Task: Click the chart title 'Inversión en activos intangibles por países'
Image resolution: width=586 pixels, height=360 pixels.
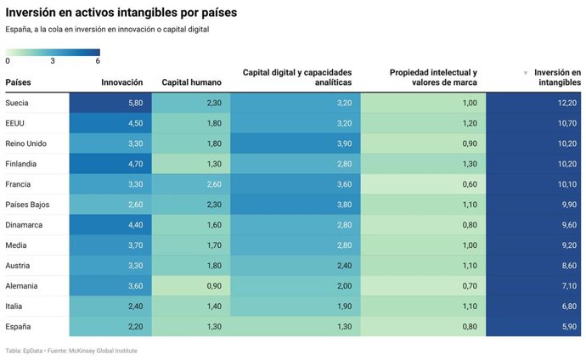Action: pyautogui.click(x=121, y=14)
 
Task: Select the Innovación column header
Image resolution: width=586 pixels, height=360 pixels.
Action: pyautogui.click(x=121, y=82)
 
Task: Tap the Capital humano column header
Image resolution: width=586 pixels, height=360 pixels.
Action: pyautogui.click(x=191, y=82)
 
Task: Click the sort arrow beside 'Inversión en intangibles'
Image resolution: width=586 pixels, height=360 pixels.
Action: pyautogui.click(x=525, y=73)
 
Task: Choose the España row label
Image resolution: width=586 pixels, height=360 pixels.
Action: pyautogui.click(x=20, y=326)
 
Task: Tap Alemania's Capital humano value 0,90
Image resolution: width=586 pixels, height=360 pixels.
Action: pyautogui.click(x=213, y=285)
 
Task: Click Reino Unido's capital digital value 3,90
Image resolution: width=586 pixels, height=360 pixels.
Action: pyautogui.click(x=343, y=143)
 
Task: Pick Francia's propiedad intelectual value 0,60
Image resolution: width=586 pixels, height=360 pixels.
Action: pyautogui.click(x=469, y=183)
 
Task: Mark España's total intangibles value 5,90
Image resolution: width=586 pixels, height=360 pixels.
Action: pyautogui.click(x=569, y=326)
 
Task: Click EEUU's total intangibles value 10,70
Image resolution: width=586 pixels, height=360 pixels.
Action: pyautogui.click(x=567, y=122)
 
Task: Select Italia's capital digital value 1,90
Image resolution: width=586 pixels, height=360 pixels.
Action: pyautogui.click(x=343, y=306)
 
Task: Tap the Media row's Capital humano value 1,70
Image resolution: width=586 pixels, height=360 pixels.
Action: pyautogui.click(x=213, y=245)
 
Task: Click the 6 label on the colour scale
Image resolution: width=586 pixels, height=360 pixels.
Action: pyautogui.click(x=98, y=61)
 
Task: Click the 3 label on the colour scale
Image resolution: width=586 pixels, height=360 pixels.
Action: pyautogui.click(x=53, y=61)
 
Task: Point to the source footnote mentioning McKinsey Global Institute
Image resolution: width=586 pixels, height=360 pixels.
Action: pyautogui.click(x=71, y=351)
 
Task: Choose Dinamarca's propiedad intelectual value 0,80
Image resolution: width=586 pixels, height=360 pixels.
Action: pyautogui.click(x=469, y=224)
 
